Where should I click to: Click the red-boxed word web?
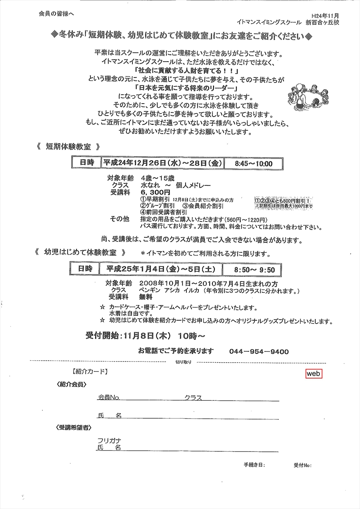[314, 373]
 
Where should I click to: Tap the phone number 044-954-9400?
[259, 351]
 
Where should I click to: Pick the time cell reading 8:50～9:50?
[255, 269]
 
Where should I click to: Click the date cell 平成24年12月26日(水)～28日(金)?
[162, 163]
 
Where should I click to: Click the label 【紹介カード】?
[90, 372]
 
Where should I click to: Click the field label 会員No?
[109, 398]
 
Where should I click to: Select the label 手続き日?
[254, 465]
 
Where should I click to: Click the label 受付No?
[302, 465]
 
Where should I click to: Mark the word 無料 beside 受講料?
[146, 297]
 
